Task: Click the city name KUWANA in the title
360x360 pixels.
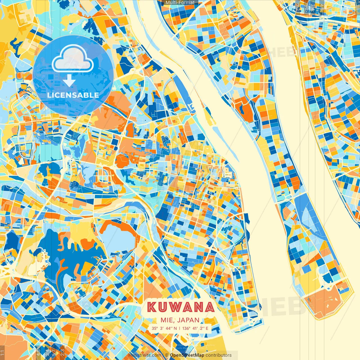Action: (x=181, y=307)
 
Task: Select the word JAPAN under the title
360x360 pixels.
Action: (x=189, y=320)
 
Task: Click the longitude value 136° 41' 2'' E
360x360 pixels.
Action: (x=195, y=328)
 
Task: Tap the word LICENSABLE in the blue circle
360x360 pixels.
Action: (x=73, y=95)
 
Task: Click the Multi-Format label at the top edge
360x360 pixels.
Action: (x=180, y=3)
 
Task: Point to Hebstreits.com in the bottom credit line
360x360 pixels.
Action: (x=145, y=355)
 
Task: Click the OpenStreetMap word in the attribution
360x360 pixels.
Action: (x=187, y=355)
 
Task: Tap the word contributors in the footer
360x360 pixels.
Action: (x=219, y=355)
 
